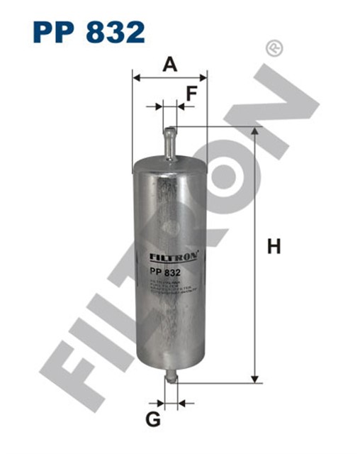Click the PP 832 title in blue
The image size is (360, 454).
tap(89, 31)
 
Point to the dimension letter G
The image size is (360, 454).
tap(152, 420)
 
